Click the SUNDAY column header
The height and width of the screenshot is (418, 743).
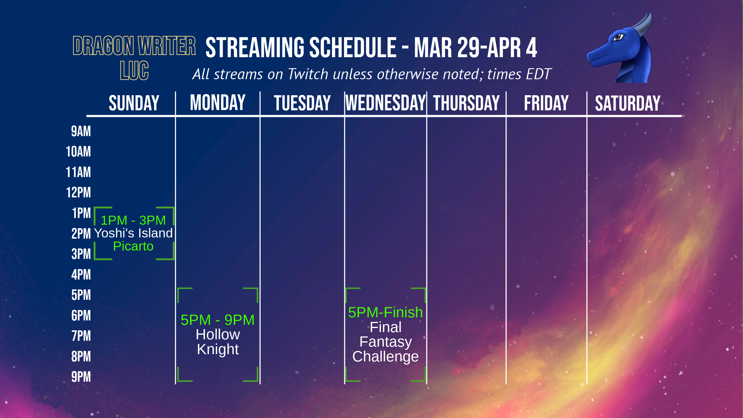(134, 103)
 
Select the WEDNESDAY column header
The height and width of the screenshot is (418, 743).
(386, 103)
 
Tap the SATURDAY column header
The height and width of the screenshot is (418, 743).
(628, 103)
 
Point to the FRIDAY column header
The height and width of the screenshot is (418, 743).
(546, 103)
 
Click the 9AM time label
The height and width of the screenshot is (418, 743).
(81, 131)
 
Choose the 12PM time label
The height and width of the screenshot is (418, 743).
(78, 192)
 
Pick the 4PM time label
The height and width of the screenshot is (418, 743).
(81, 275)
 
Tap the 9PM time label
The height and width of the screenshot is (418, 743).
(81, 377)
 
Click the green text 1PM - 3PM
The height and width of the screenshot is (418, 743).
(133, 220)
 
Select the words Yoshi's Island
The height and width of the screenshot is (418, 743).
(133, 233)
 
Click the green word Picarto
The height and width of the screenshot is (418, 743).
(133, 246)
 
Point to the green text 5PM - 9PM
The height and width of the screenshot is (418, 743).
(218, 320)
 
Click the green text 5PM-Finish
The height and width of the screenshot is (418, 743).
(386, 312)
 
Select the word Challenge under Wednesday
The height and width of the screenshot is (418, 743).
(386, 357)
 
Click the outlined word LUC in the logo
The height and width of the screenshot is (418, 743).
(134, 71)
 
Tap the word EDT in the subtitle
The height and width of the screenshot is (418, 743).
(538, 74)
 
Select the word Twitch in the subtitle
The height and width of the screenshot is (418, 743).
(308, 74)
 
